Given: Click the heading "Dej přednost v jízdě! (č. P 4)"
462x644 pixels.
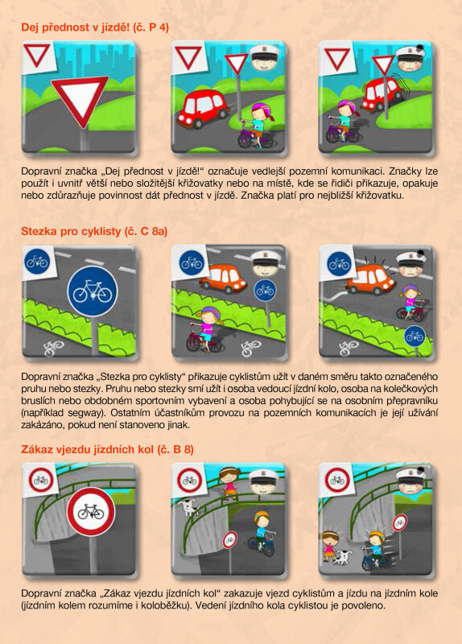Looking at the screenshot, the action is tap(95, 27).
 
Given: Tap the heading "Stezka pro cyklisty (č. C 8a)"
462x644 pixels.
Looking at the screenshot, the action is tap(94, 231).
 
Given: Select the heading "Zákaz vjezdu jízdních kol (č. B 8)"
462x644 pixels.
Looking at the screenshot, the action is tap(107, 449).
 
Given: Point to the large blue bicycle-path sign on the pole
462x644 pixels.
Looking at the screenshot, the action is tap(93, 291).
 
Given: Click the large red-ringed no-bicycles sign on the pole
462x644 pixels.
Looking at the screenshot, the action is tap(91, 512).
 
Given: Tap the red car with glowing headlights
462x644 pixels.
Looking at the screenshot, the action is tap(202, 109).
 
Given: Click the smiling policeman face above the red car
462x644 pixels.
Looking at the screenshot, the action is tap(262, 58).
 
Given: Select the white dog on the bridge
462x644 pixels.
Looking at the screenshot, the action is tap(189, 507).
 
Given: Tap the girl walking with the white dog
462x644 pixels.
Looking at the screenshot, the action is tap(329, 546).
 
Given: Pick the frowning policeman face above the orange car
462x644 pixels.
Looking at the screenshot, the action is tap(410, 264).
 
